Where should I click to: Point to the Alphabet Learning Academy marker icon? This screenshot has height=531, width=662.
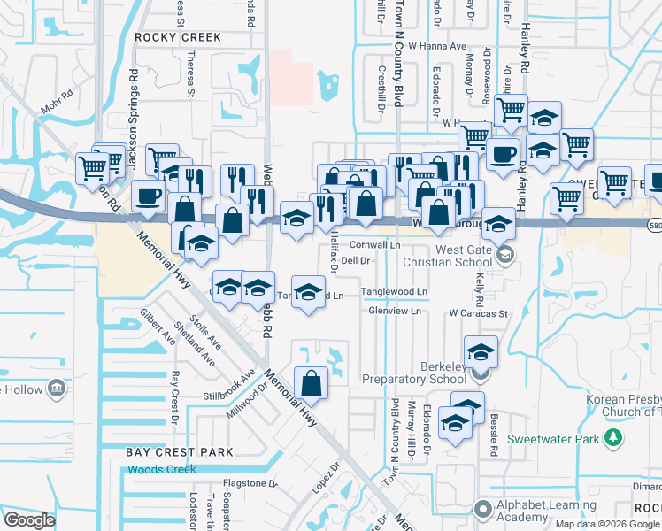coord(482,509)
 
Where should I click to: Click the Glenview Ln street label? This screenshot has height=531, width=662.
coord(393,312)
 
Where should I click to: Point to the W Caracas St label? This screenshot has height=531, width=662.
coord(477,313)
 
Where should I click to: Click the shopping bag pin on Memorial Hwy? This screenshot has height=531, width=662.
coord(312,383)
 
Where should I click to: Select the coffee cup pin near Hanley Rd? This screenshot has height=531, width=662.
coord(504,153)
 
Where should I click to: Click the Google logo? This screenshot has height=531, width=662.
coord(29,520)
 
